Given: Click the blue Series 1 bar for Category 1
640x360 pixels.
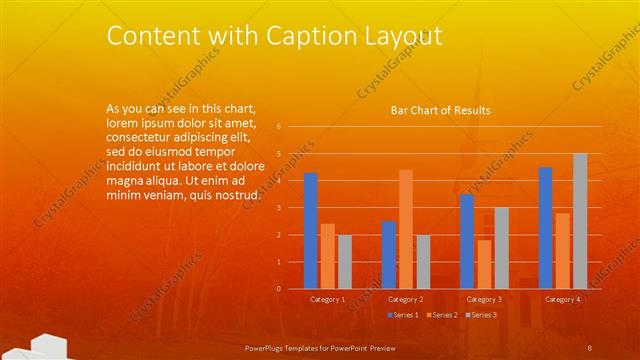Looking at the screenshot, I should (310, 231).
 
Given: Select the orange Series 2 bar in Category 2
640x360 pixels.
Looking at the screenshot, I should (405, 229).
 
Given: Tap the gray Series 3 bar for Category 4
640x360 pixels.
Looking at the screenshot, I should (579, 221).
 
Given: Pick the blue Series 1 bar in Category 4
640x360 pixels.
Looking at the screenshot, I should (545, 228).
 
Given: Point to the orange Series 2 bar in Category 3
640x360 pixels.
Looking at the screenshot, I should (484, 264).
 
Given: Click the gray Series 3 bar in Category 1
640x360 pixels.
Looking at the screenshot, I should (344, 262).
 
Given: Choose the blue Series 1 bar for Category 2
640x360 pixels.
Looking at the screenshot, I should (388, 255).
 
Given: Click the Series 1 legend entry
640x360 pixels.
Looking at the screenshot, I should (402, 315).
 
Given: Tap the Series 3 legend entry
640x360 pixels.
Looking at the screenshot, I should (480, 315).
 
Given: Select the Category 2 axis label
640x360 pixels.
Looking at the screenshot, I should (405, 299).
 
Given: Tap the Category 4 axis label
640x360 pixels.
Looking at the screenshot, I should (562, 299).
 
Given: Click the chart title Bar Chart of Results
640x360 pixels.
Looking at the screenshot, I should (440, 110).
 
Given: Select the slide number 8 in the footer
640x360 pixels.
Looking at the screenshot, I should (591, 347).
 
